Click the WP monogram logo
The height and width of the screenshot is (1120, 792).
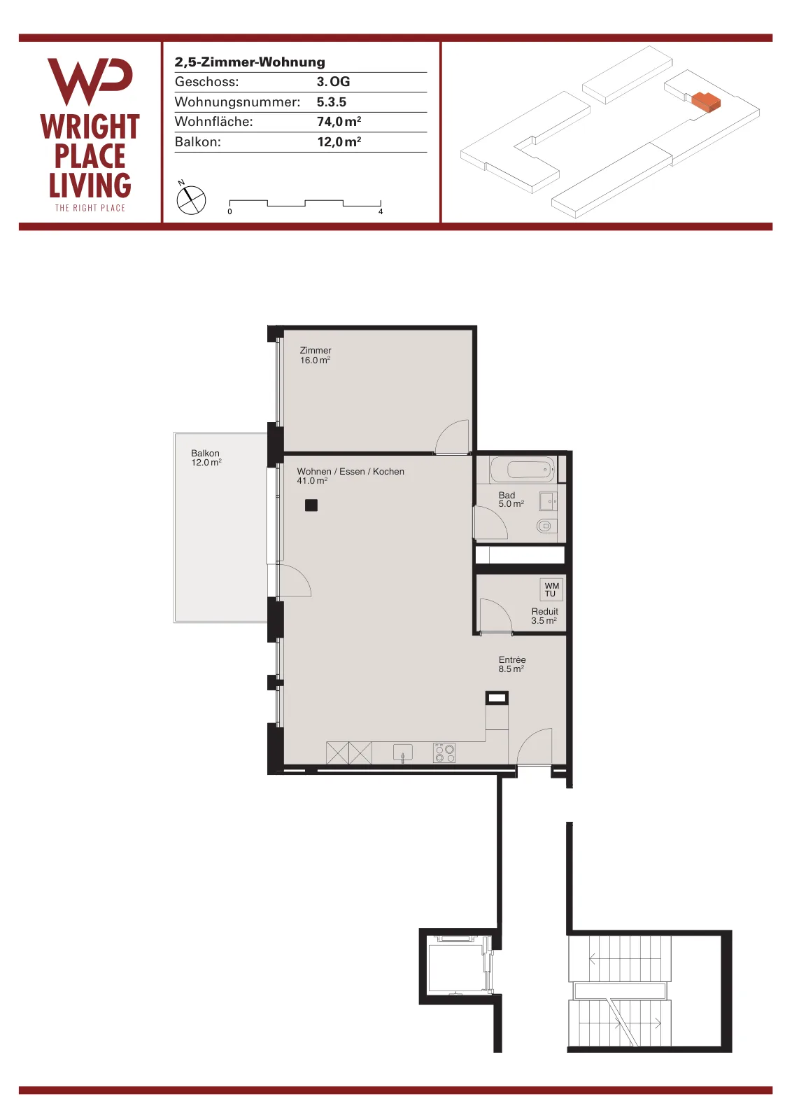(90, 81)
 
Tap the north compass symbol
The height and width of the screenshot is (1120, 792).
(191, 199)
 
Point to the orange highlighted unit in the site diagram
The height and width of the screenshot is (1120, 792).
(705, 102)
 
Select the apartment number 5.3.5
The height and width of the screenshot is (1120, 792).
(332, 102)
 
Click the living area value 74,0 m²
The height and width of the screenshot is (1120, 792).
(339, 122)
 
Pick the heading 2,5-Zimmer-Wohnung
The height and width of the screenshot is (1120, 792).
(250, 62)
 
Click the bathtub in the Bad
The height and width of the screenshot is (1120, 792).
(522, 470)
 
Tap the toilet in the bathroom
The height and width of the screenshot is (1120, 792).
(546, 526)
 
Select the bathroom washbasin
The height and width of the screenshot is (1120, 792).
(548, 501)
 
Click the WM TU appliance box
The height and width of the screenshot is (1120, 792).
(551, 589)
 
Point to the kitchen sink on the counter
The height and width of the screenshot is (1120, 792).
(403, 752)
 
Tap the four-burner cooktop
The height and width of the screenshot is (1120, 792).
(444, 753)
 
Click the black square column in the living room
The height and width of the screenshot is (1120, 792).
(311, 505)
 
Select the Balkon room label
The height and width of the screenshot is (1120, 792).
(206, 458)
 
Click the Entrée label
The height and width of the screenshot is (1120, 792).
(511, 664)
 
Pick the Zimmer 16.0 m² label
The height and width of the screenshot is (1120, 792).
(316, 356)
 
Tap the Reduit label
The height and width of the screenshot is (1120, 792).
(544, 616)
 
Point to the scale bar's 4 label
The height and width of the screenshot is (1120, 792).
(381, 211)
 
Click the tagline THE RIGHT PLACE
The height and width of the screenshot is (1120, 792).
(90, 208)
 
